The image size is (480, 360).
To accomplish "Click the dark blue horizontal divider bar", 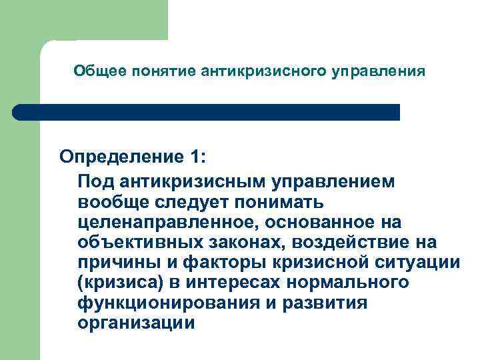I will point(207,112).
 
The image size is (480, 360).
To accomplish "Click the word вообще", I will point(109,201).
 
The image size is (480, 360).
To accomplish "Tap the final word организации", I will point(136,323).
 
